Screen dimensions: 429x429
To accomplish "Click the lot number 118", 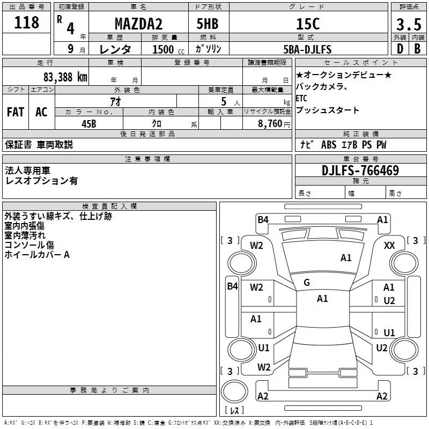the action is click(x=26, y=23).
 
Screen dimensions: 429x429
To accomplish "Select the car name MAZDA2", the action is click(x=138, y=24).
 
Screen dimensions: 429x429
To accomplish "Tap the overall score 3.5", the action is click(x=409, y=24).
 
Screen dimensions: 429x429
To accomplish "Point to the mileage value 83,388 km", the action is click(x=65, y=77).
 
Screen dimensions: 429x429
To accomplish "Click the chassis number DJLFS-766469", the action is click(x=360, y=170).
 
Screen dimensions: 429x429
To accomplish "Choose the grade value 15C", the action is click(x=308, y=24).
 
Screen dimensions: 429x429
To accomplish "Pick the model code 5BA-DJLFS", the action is click(x=307, y=49).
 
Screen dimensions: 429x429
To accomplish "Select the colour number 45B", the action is click(x=89, y=124).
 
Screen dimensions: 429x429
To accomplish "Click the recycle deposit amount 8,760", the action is click(x=270, y=123).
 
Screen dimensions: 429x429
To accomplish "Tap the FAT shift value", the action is click(x=16, y=112).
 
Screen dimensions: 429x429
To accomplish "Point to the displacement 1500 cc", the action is click(x=168, y=49).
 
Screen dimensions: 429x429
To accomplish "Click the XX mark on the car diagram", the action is click(x=389, y=245).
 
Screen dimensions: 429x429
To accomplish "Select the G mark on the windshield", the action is click(x=307, y=282).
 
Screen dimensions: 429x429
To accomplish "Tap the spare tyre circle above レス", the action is click(x=234, y=391).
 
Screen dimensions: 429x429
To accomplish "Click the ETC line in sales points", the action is click(x=301, y=98).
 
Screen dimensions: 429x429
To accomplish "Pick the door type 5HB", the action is click(x=208, y=24).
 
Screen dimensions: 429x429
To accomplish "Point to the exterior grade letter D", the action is click(x=400, y=49).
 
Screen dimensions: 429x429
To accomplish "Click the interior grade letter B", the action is click(x=418, y=49).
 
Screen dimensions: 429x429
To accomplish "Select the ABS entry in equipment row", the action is click(x=329, y=144).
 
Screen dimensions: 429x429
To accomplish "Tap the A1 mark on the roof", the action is click(x=322, y=299).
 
